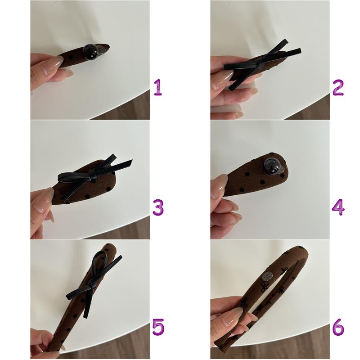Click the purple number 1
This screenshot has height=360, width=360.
(x=158, y=87)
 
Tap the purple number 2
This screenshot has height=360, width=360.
(x=338, y=87)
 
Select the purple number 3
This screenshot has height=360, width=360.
(x=158, y=207)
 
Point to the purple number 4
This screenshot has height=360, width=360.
(x=338, y=207)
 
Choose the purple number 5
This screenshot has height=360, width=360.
(x=158, y=327)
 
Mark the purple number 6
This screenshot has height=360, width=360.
(x=338, y=327)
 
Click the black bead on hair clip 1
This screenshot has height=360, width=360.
(x=90, y=51)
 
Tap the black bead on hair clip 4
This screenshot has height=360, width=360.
(x=271, y=166)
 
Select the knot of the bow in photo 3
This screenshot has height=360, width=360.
(x=94, y=178)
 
